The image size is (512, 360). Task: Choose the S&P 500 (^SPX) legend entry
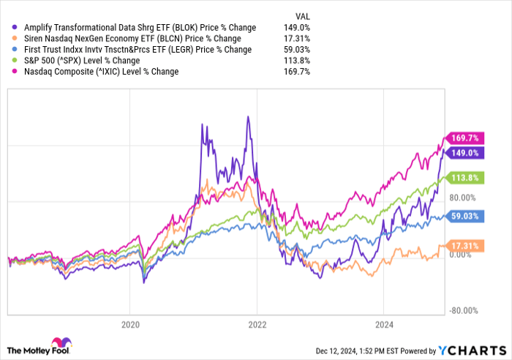point(80,61)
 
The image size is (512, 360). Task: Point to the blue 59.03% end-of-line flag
point(464,216)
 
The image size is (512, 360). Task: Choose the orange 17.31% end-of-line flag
point(464,246)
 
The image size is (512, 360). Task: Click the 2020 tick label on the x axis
point(130,324)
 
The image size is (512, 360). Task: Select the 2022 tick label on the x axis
point(257,324)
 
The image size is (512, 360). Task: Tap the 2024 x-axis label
point(384,324)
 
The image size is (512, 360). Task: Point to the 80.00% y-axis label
point(462,198)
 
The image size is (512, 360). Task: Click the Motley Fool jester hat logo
point(57,345)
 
